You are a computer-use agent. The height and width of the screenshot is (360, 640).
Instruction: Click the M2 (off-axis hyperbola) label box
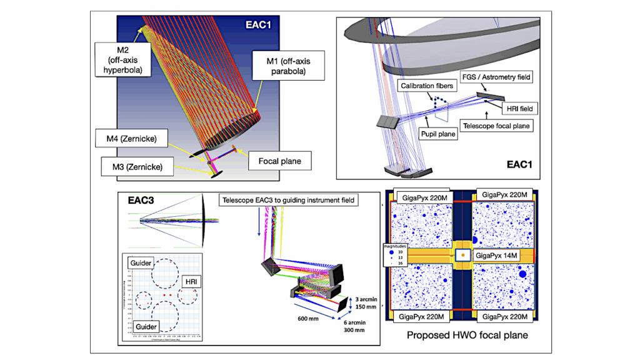click(x=123, y=58)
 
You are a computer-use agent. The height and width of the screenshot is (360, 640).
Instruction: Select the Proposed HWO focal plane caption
click(x=467, y=336)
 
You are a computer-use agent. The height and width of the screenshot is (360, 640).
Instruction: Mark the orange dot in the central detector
click(x=462, y=256)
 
